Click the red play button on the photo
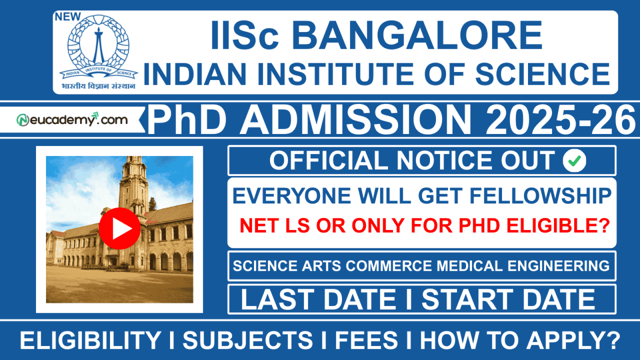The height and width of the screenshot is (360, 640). pos(120,228)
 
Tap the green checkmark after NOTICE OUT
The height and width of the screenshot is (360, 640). pos(574,161)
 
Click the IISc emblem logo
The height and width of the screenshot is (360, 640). pos(98,46)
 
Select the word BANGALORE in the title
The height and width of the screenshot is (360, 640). pos(417,36)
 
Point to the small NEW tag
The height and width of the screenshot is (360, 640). pos(68,17)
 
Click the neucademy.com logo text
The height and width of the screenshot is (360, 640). pos(72,120)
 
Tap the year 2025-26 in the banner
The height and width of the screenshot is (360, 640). pos(560,120)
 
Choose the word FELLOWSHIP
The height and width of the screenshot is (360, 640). pos(540,196)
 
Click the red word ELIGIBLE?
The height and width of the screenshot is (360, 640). pos(558,226)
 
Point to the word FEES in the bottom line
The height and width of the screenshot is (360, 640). pos(366,340)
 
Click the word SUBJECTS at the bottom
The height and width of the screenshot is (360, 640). pos(248,340)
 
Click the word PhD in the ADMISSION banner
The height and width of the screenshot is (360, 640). pos(187,120)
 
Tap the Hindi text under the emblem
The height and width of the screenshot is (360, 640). pos(98,86)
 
